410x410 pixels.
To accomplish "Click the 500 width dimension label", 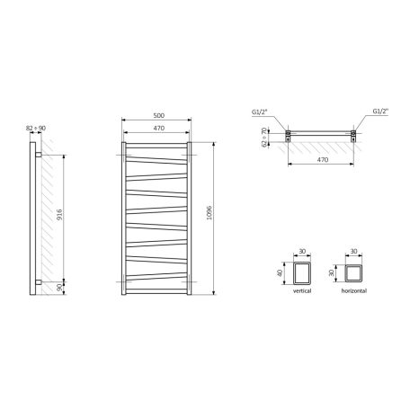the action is [159, 115].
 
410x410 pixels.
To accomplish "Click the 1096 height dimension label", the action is [209, 212].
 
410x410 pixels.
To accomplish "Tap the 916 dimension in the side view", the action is [59, 215].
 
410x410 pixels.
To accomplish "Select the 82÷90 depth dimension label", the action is [36, 128].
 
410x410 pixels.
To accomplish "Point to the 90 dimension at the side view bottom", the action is [59, 288].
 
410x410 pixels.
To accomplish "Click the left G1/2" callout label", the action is [259, 111].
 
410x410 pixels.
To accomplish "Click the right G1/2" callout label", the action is [380, 111].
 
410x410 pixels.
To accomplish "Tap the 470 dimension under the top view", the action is [323, 160].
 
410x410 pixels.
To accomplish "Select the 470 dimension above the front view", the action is [159, 128].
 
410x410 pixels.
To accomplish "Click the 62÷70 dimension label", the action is [264, 137].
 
